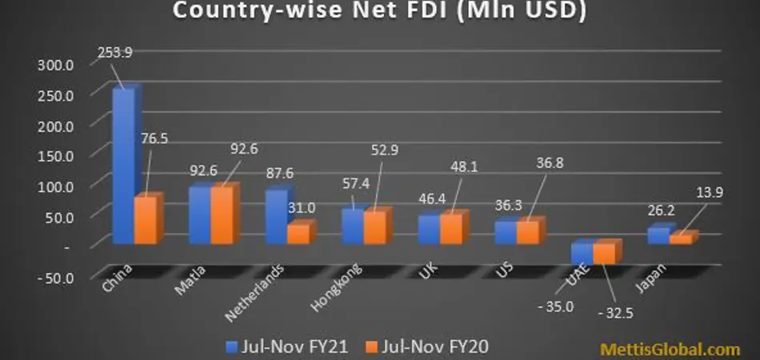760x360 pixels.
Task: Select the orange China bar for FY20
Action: pos(145,219)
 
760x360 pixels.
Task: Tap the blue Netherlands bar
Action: pos(275,216)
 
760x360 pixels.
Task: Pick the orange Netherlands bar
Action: pos(298,233)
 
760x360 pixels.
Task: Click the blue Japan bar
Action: pos(657,235)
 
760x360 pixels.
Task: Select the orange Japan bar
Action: pos(679,238)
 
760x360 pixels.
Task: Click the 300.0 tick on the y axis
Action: pos(55,65)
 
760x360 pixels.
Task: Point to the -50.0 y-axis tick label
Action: pos(55,277)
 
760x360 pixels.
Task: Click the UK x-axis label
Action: pos(427,271)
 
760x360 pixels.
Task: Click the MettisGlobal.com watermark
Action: pos(670,350)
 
